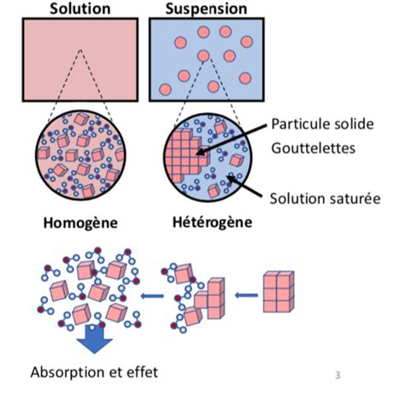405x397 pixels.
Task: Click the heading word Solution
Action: [x=80, y=9]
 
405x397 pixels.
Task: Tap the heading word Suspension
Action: [x=206, y=9]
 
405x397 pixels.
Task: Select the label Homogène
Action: [x=80, y=222]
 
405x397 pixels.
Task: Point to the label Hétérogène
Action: [x=213, y=222]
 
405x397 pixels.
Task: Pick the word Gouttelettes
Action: [x=314, y=148]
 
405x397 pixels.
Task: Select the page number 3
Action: [x=337, y=375]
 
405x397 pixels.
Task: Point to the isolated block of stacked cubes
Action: [x=279, y=292]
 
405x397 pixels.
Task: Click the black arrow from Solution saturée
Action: [x=244, y=187]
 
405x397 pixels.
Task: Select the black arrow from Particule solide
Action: [x=232, y=139]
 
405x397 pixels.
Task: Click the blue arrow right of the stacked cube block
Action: [x=246, y=295]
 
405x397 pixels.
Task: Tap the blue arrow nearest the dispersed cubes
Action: [x=152, y=296]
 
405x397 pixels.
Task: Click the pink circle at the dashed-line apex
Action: [x=203, y=56]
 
